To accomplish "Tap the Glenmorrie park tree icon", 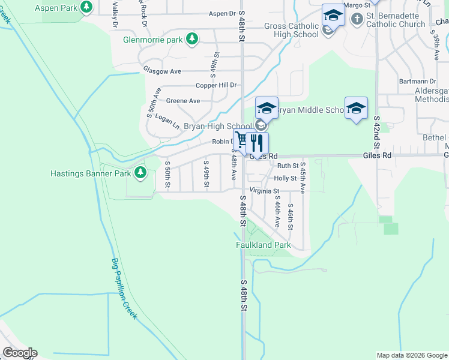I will pos(192,40).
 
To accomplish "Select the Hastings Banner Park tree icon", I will pos(140,173).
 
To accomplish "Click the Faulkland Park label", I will pos(263,245).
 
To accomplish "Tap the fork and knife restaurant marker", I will pos(257,142).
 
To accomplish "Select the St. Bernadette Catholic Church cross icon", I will pos(357,19).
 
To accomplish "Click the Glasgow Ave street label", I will pos(162,71).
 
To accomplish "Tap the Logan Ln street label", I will pos(167,121).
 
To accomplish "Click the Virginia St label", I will pos(265,190).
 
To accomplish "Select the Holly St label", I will pos(285,178).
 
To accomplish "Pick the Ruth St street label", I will pos(288,166).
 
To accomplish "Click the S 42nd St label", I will pos(377,133).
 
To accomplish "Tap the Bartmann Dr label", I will pos(418,81).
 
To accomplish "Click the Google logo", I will pos(20,353).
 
